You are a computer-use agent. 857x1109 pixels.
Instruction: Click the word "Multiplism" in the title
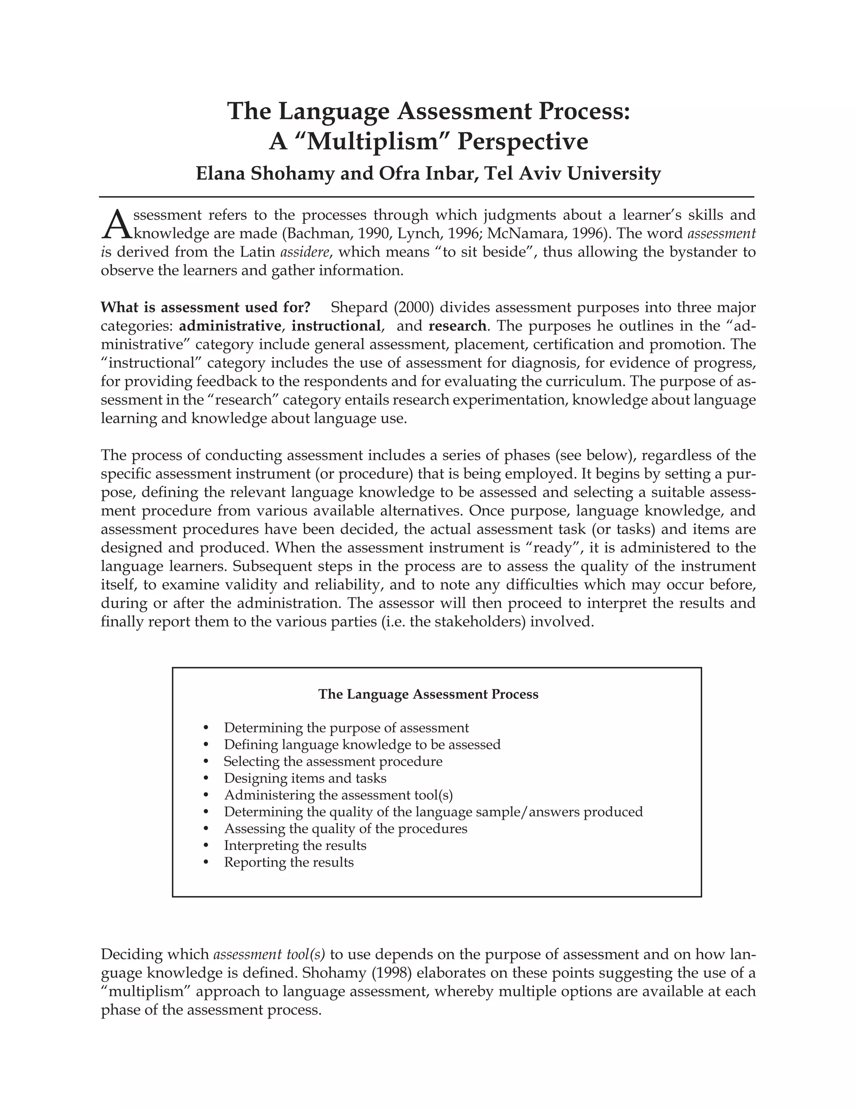tap(374, 142)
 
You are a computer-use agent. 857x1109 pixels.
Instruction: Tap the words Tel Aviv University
tap(572, 174)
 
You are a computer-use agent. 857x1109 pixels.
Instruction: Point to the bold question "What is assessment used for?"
tap(205, 307)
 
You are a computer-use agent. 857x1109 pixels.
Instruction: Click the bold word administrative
tap(230, 326)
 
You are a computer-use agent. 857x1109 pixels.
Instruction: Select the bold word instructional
tap(336, 326)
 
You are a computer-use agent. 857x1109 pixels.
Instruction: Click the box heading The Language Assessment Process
tap(428, 694)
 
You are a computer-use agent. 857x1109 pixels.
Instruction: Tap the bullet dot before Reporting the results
tap(205, 862)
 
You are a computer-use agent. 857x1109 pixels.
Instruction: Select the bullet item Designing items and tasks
tap(305, 778)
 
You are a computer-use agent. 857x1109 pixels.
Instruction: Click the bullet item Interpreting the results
tap(295, 845)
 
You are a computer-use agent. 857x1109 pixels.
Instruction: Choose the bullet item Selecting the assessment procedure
tap(333, 761)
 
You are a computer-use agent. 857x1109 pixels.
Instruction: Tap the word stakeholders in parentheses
tap(480, 621)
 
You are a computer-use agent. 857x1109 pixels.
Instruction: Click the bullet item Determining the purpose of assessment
tap(346, 728)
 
